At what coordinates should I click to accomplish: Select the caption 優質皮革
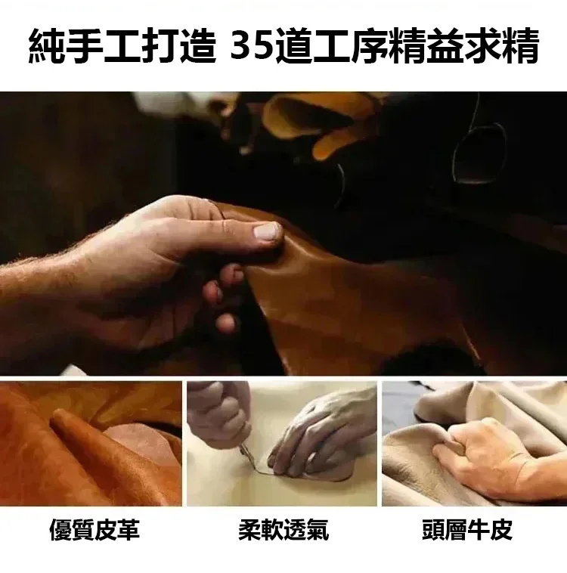[x=94, y=529]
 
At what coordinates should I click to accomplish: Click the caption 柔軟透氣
[x=283, y=529]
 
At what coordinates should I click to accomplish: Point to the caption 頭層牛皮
[x=467, y=529]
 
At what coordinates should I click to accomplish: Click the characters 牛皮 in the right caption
[x=490, y=529]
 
